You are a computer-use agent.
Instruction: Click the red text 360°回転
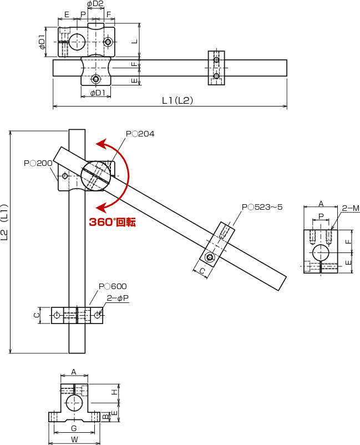(x=113, y=222)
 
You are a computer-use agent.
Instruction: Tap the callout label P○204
(x=140, y=134)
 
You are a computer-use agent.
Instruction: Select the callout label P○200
(x=38, y=163)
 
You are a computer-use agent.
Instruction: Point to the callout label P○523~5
(x=262, y=207)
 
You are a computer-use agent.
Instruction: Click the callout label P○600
(x=113, y=286)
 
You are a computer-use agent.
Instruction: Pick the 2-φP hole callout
(x=118, y=298)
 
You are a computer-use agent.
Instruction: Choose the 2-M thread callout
(x=351, y=208)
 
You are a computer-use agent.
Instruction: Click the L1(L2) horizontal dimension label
(x=178, y=100)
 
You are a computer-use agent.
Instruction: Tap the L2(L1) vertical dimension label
(x=4, y=222)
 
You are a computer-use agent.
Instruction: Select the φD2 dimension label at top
(x=95, y=4)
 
